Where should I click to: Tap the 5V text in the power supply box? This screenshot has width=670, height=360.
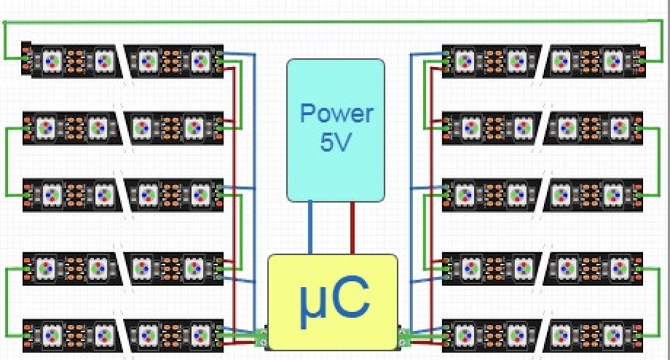pos(336,142)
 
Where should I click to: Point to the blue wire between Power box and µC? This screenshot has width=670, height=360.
pos(310,227)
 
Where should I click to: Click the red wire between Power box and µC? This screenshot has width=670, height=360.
pos(352,227)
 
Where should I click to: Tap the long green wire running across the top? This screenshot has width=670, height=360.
pos(334,21)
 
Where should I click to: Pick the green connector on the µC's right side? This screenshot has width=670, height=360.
pos(403,336)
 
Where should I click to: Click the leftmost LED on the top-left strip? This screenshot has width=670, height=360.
pos(52,61)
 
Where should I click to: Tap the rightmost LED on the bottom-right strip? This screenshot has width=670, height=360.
pos(619,336)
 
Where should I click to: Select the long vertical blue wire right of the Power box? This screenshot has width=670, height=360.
pos(411,192)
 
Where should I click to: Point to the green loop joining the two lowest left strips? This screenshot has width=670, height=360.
pos(7,302)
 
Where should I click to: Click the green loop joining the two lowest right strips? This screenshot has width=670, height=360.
pos(659,302)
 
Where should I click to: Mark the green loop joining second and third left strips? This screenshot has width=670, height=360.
pos(7,162)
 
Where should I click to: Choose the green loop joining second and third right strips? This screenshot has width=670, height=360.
pos(659,162)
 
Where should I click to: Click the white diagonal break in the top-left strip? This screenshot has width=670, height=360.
pos(122,61)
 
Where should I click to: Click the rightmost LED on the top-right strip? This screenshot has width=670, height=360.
pos(613,61)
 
